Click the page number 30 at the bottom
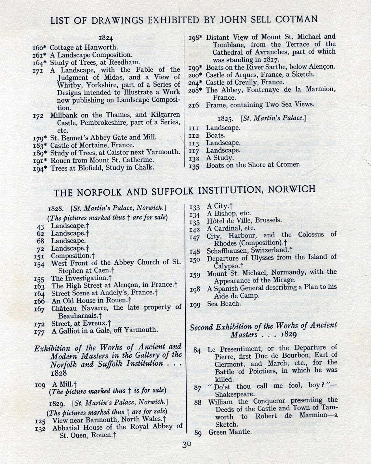(x=187, y=445)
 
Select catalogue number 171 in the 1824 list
(x=38, y=70)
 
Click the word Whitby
(x=68, y=85)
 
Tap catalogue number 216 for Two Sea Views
(x=194, y=105)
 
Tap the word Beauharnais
(x=78, y=315)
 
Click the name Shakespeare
(x=234, y=394)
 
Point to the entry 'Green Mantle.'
(x=230, y=432)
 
